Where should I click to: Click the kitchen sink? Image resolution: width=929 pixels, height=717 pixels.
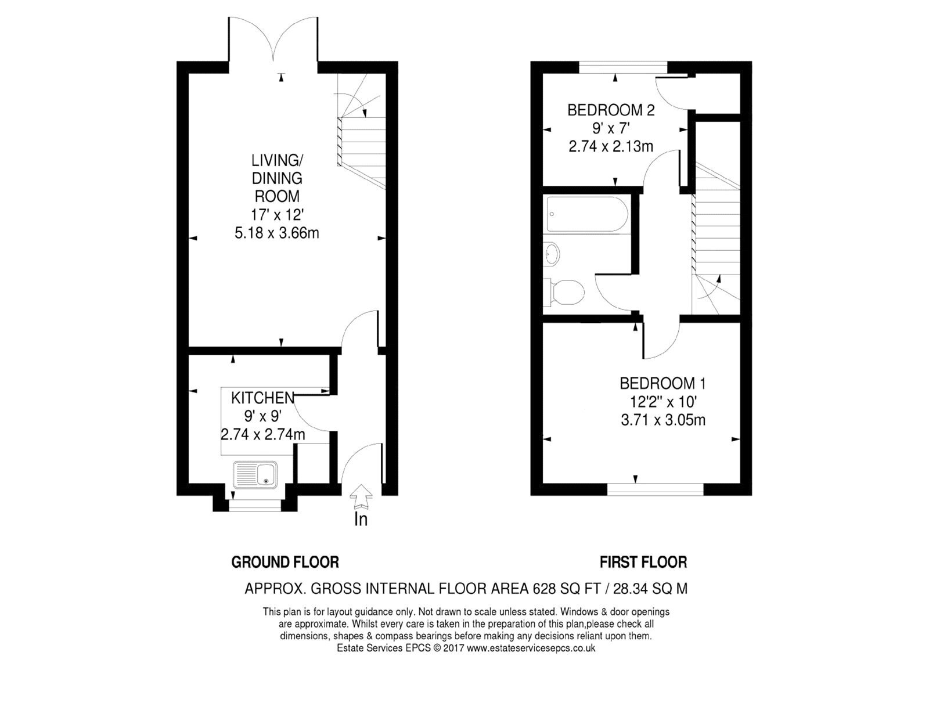coord(255,474)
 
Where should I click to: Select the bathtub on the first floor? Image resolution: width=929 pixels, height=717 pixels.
coord(588,214)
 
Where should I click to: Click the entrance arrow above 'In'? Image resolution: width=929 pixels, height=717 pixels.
coord(361,497)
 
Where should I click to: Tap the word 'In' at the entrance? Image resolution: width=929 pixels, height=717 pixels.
coord(361,519)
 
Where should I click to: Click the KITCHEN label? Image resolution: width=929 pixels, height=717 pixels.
coord(262,398)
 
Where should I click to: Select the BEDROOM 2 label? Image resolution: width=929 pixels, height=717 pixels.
coord(610,110)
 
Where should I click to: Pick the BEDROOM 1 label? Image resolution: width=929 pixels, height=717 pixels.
coord(662,383)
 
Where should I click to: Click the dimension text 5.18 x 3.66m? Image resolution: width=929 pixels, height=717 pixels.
coord(276,233)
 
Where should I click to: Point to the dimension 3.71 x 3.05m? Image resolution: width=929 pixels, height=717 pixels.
coord(663,420)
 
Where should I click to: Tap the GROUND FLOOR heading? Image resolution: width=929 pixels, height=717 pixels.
coord(285,562)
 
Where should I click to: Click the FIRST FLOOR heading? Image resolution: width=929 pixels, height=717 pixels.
coord(643,562)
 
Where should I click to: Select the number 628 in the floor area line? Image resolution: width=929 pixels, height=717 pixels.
coord(543,589)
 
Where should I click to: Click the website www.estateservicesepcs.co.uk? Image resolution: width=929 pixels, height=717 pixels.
coord(531,648)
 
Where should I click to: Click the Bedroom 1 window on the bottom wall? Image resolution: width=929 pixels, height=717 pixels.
coord(655,489)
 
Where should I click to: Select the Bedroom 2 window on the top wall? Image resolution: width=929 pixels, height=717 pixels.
coord(624,67)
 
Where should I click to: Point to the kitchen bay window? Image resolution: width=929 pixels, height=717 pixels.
coord(255,506)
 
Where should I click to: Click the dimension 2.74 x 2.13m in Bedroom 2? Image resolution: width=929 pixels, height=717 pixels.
coord(610,146)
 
